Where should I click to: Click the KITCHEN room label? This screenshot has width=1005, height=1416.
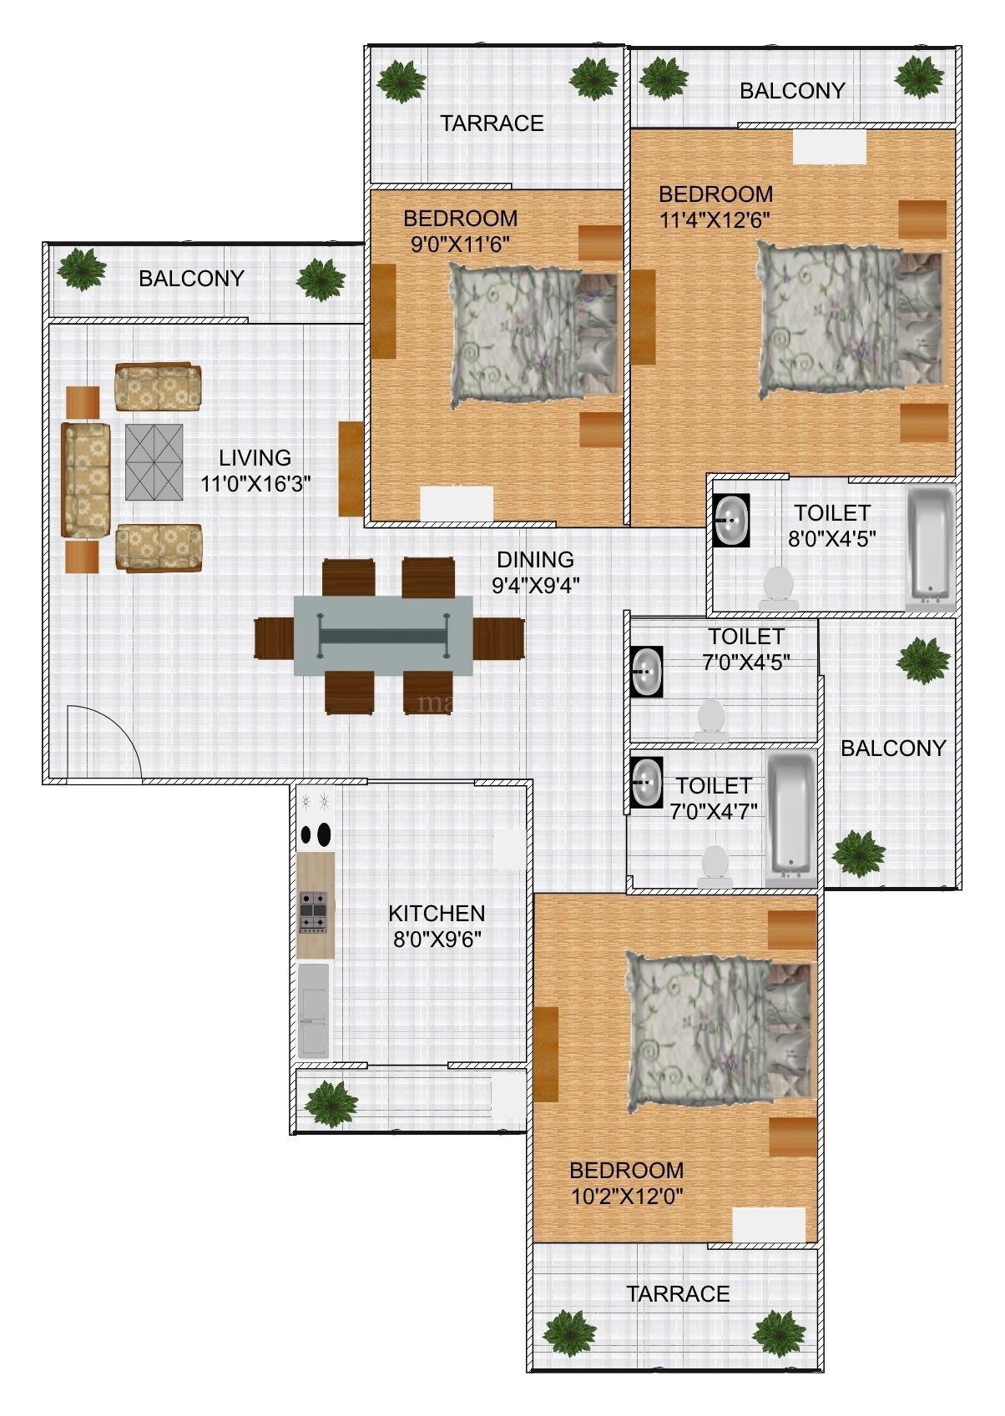437,913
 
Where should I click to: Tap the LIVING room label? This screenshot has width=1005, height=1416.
255,457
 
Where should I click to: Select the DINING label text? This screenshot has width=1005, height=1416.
535,559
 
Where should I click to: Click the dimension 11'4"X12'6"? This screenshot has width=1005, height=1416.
715,220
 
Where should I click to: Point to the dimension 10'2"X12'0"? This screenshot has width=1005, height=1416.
627,1197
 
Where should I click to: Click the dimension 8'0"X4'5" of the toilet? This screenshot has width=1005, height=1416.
831,538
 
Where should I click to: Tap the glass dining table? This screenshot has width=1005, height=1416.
383,635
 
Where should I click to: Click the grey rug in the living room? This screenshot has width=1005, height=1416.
154,461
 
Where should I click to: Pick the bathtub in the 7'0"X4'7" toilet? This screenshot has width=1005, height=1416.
790,819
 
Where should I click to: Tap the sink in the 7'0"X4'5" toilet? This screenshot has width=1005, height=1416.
646,672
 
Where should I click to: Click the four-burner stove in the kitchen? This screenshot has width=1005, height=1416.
314,912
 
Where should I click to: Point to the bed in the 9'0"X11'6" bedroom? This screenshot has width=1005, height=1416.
534,335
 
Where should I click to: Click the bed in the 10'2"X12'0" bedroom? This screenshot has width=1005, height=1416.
719,1032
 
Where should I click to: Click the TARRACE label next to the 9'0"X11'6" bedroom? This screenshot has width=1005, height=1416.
492,123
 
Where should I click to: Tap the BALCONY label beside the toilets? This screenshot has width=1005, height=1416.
892,748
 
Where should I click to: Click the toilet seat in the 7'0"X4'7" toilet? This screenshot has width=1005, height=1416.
715,867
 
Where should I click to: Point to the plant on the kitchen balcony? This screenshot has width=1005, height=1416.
331,1104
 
